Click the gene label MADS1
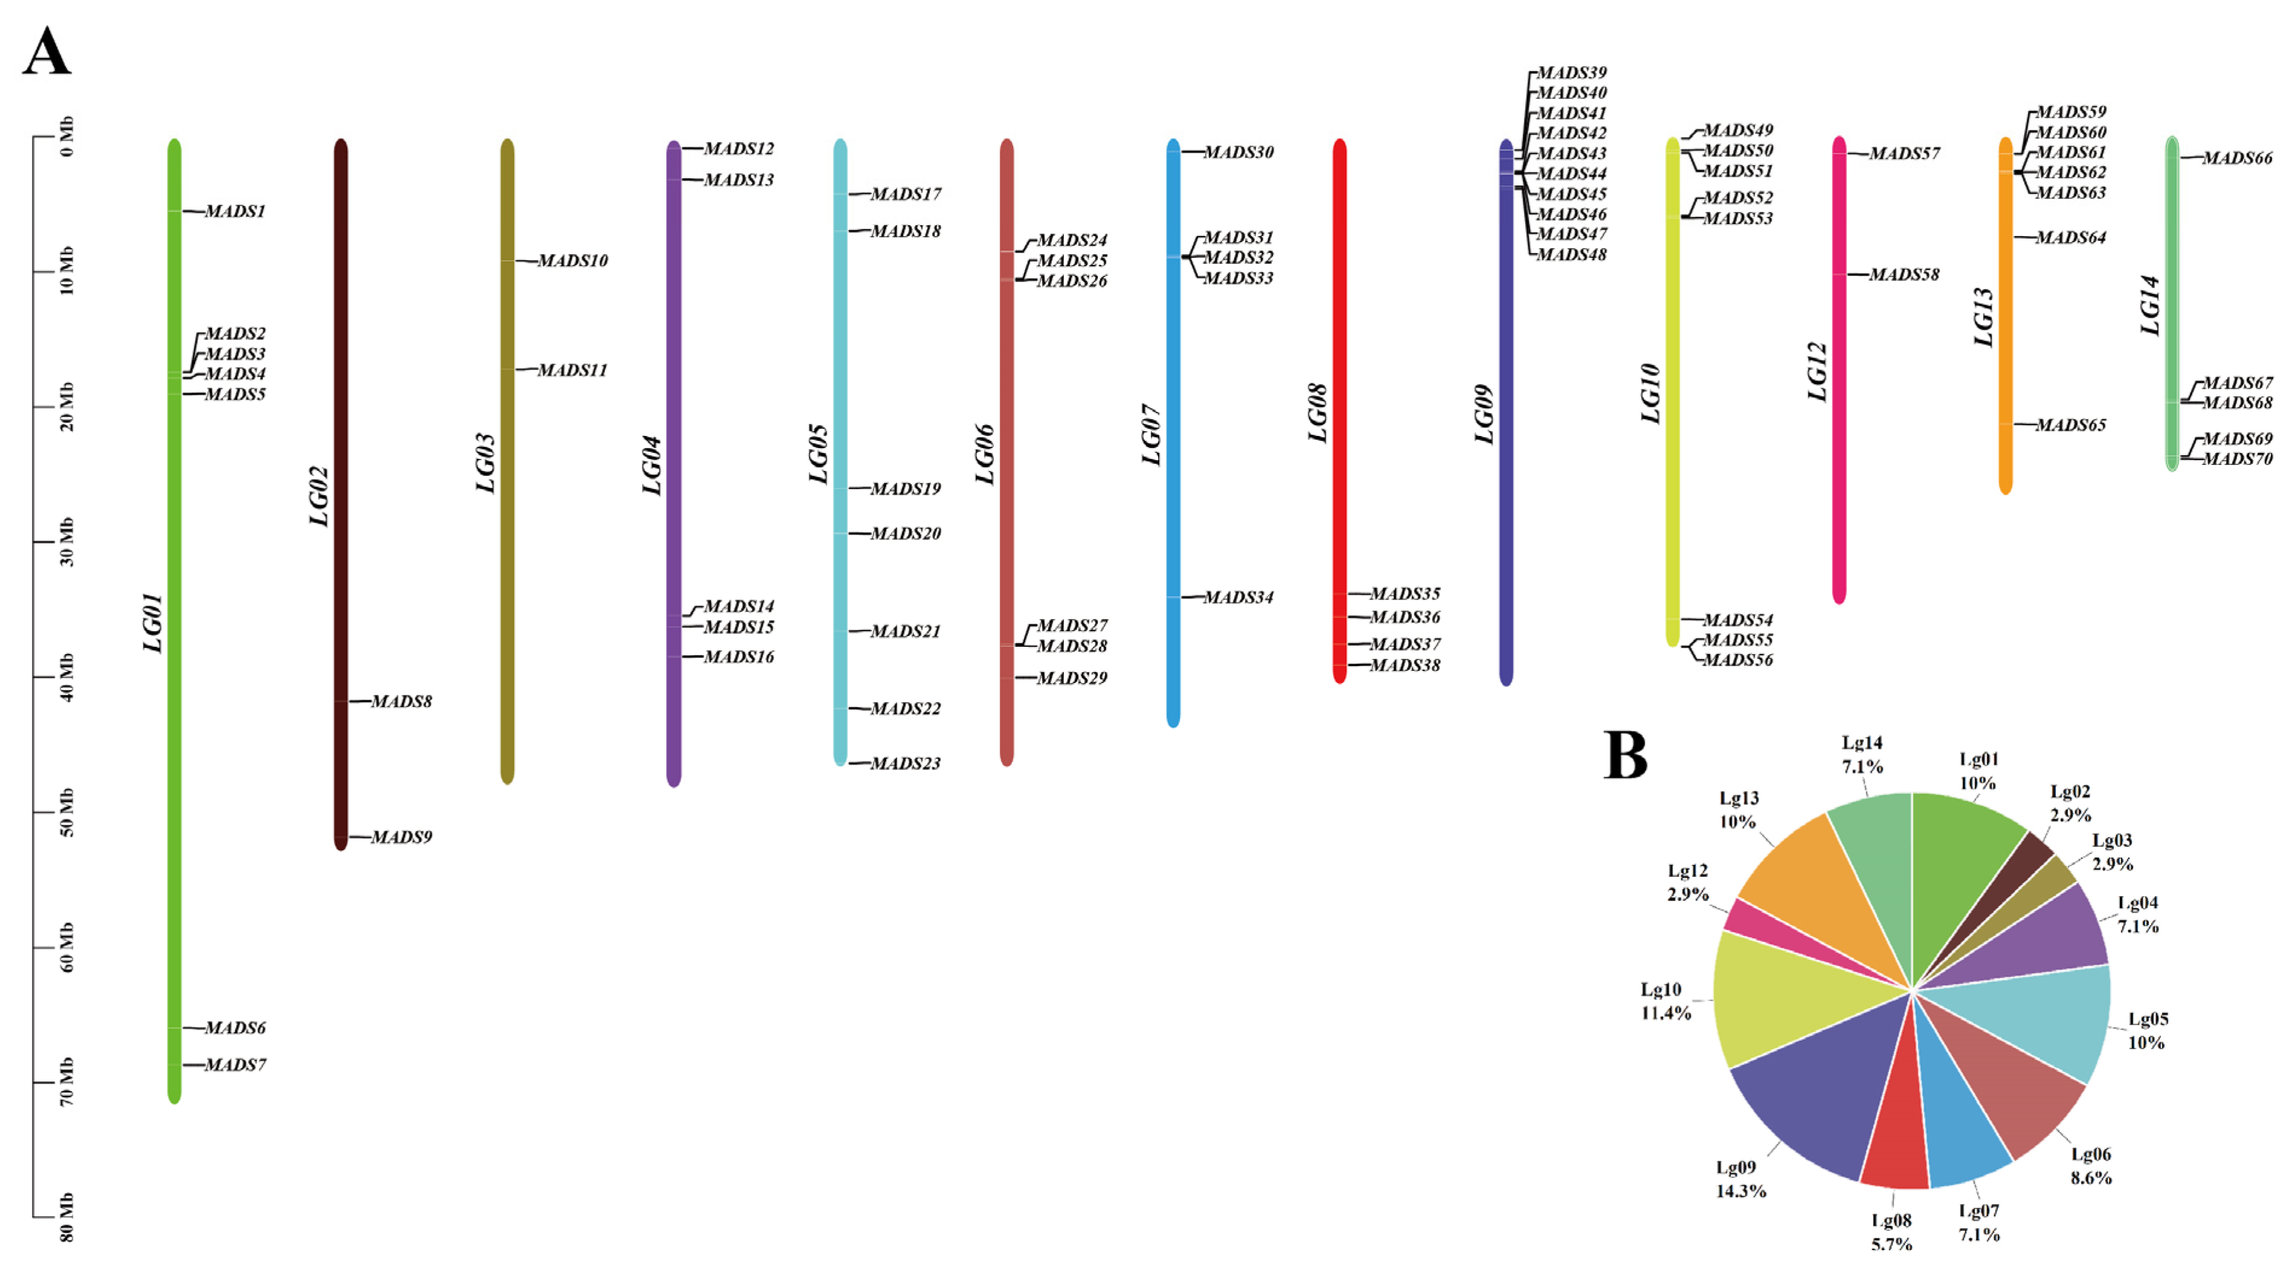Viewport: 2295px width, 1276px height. coord(235,212)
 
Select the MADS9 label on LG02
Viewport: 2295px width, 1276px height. coord(402,838)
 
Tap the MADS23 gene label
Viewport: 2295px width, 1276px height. coord(905,764)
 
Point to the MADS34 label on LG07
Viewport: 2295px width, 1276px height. coord(1238,598)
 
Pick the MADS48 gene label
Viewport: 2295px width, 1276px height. coord(1572,255)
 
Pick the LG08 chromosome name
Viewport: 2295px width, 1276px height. coord(1317,414)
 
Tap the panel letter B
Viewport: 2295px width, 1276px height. coord(1625,755)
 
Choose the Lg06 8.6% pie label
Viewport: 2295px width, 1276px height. coord(2090,1165)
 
